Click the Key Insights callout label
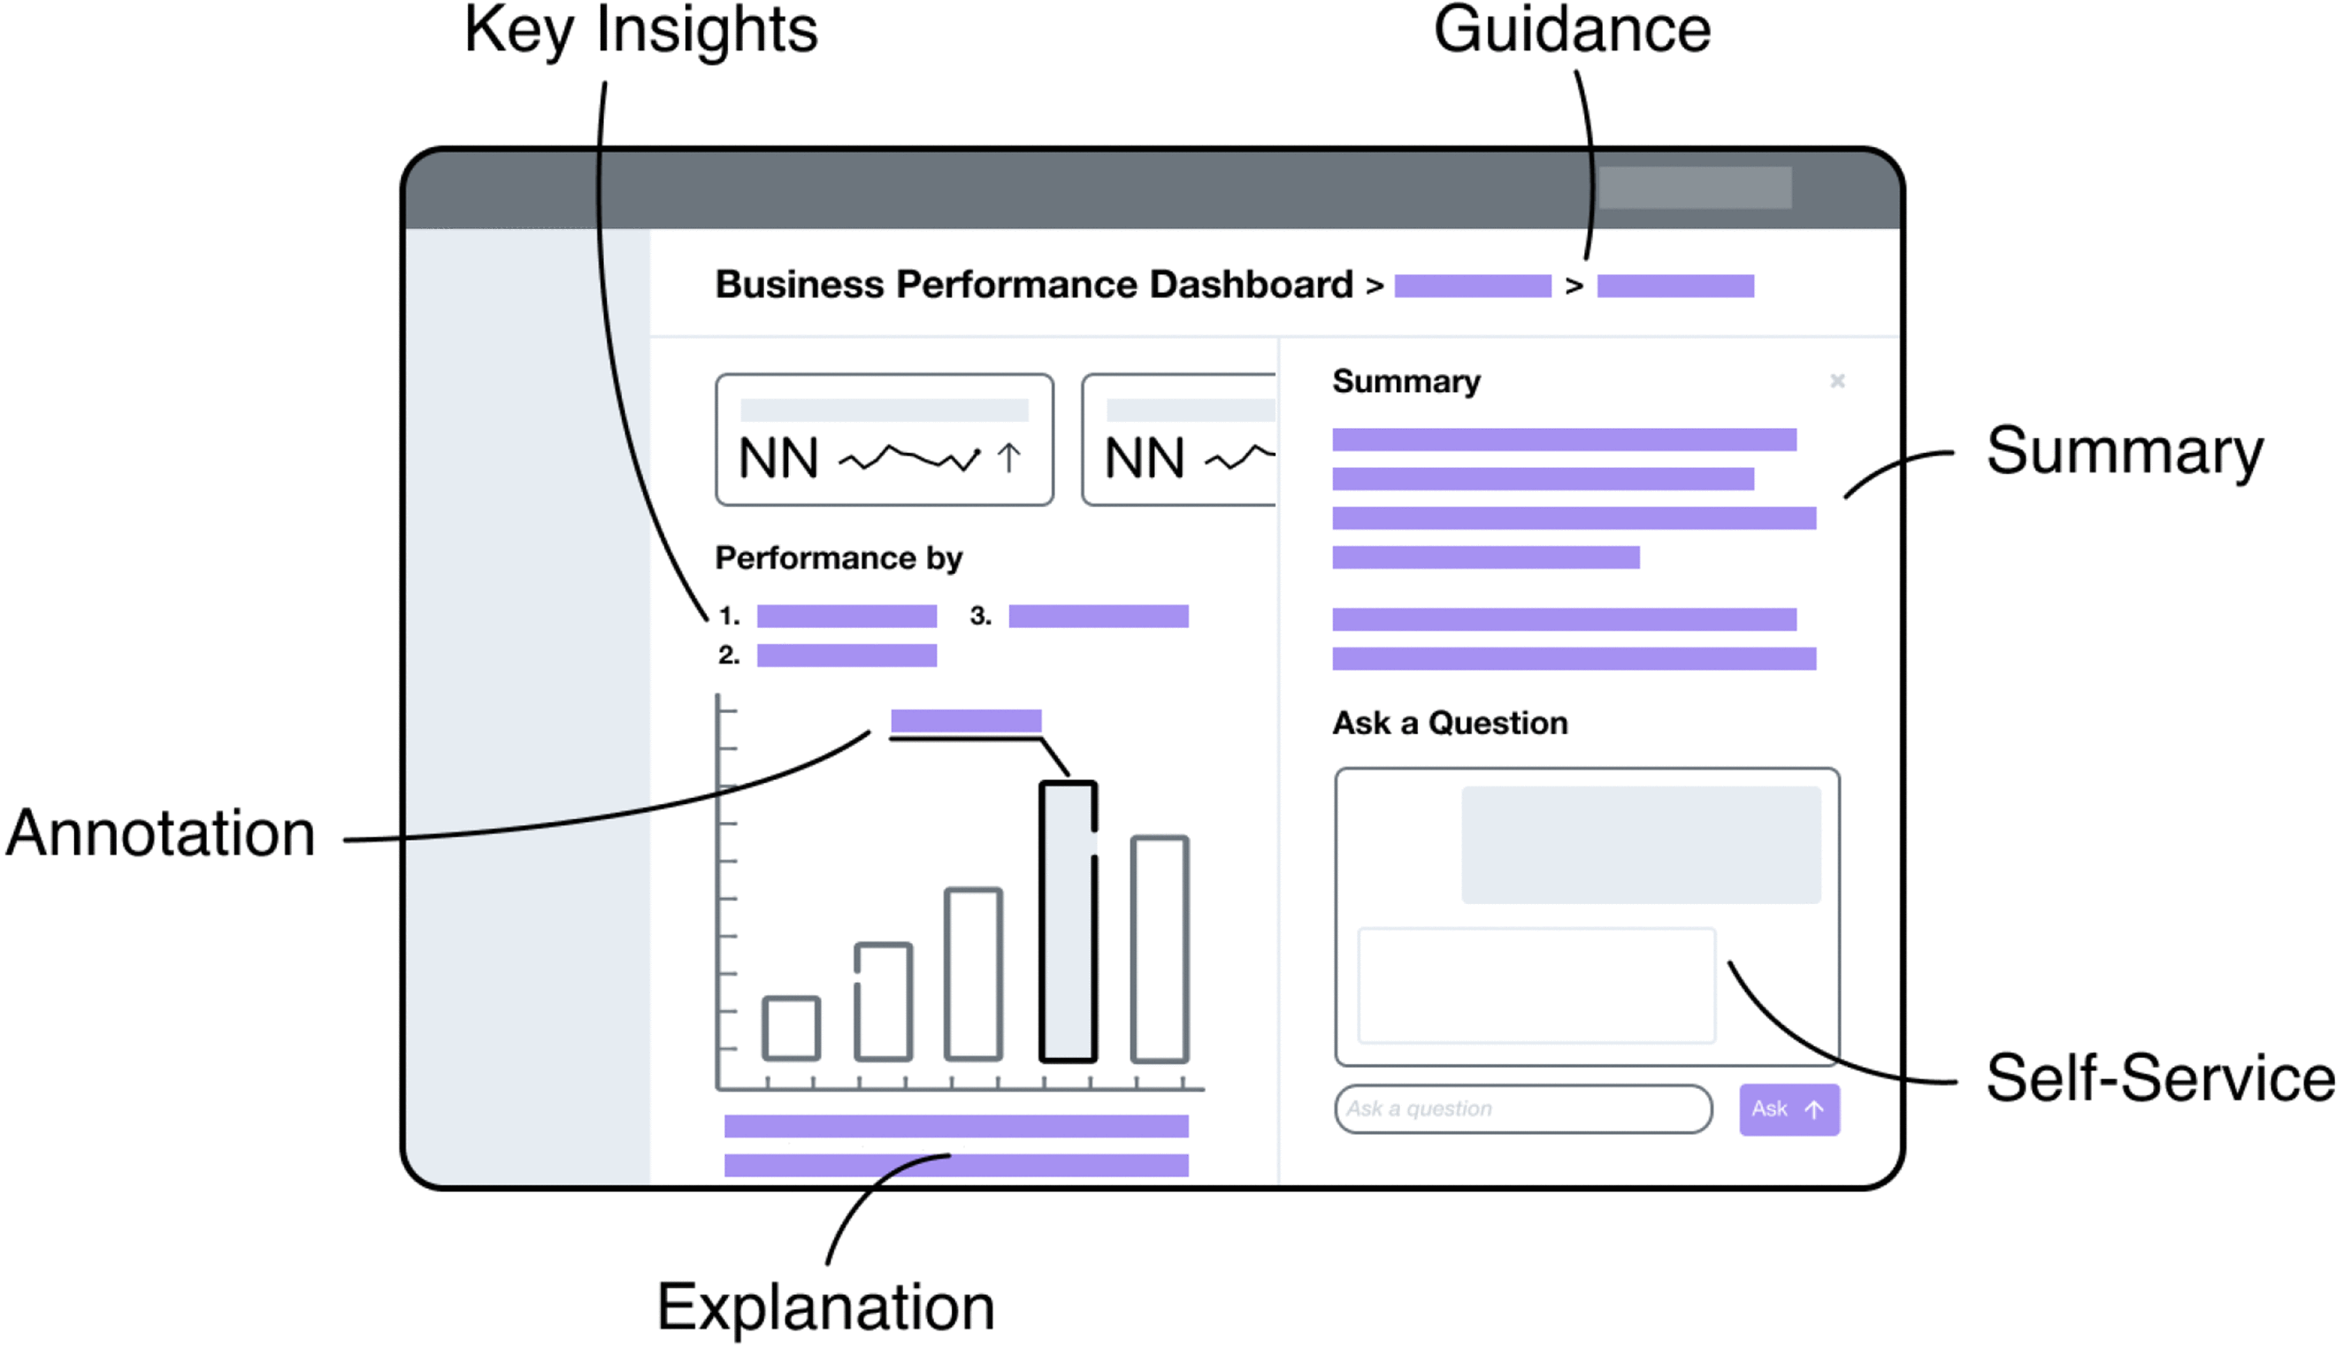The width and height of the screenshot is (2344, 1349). (x=641, y=32)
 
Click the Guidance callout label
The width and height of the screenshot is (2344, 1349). (x=1571, y=32)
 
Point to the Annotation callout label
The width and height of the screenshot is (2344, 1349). (x=161, y=834)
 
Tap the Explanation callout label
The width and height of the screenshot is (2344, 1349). (x=825, y=1307)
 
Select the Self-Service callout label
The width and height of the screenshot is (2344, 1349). (x=2160, y=1079)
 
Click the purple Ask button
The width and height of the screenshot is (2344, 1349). (x=1789, y=1109)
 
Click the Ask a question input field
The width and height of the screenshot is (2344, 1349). (x=1522, y=1109)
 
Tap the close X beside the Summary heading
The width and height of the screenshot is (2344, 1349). (x=1837, y=380)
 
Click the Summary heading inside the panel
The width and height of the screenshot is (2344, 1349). (x=1406, y=382)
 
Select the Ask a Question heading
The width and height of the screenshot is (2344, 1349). (x=1450, y=723)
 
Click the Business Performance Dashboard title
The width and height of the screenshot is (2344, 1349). (x=1034, y=285)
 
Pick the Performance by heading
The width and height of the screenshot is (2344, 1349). (x=839, y=558)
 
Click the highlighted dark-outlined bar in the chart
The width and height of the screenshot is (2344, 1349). (x=1069, y=921)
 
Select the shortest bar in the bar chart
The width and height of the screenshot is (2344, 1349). (x=792, y=1028)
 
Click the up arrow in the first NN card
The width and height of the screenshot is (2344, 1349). (x=1009, y=457)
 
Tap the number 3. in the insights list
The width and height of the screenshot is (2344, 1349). (x=980, y=617)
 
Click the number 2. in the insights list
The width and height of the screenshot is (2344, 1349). (x=728, y=656)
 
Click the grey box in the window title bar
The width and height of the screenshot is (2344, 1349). (x=1695, y=188)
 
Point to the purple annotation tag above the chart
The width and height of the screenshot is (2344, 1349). (x=965, y=721)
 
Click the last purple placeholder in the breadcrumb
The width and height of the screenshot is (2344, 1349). (x=1675, y=287)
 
